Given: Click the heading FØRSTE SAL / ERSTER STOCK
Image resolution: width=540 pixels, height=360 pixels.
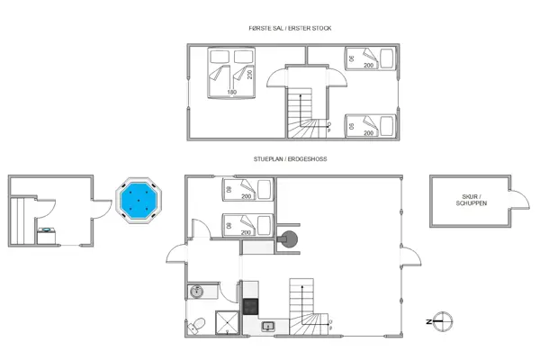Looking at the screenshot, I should [290, 29].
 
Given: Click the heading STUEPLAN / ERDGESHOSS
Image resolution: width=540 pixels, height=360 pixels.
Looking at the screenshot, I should [290, 159].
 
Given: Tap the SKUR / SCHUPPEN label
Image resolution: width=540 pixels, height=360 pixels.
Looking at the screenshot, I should [472, 200].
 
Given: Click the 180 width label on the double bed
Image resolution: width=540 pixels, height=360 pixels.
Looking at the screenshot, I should [231, 93].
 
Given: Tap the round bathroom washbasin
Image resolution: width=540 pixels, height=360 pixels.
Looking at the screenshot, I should [197, 292].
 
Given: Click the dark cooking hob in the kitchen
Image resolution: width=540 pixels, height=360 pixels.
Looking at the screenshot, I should [250, 305].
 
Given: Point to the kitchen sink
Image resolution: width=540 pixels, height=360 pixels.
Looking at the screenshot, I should [267, 327].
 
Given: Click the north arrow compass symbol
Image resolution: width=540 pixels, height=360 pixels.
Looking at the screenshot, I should [443, 320].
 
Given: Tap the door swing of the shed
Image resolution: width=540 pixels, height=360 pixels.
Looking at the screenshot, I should [519, 197].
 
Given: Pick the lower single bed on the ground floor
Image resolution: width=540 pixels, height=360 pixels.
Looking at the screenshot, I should [247, 225].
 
